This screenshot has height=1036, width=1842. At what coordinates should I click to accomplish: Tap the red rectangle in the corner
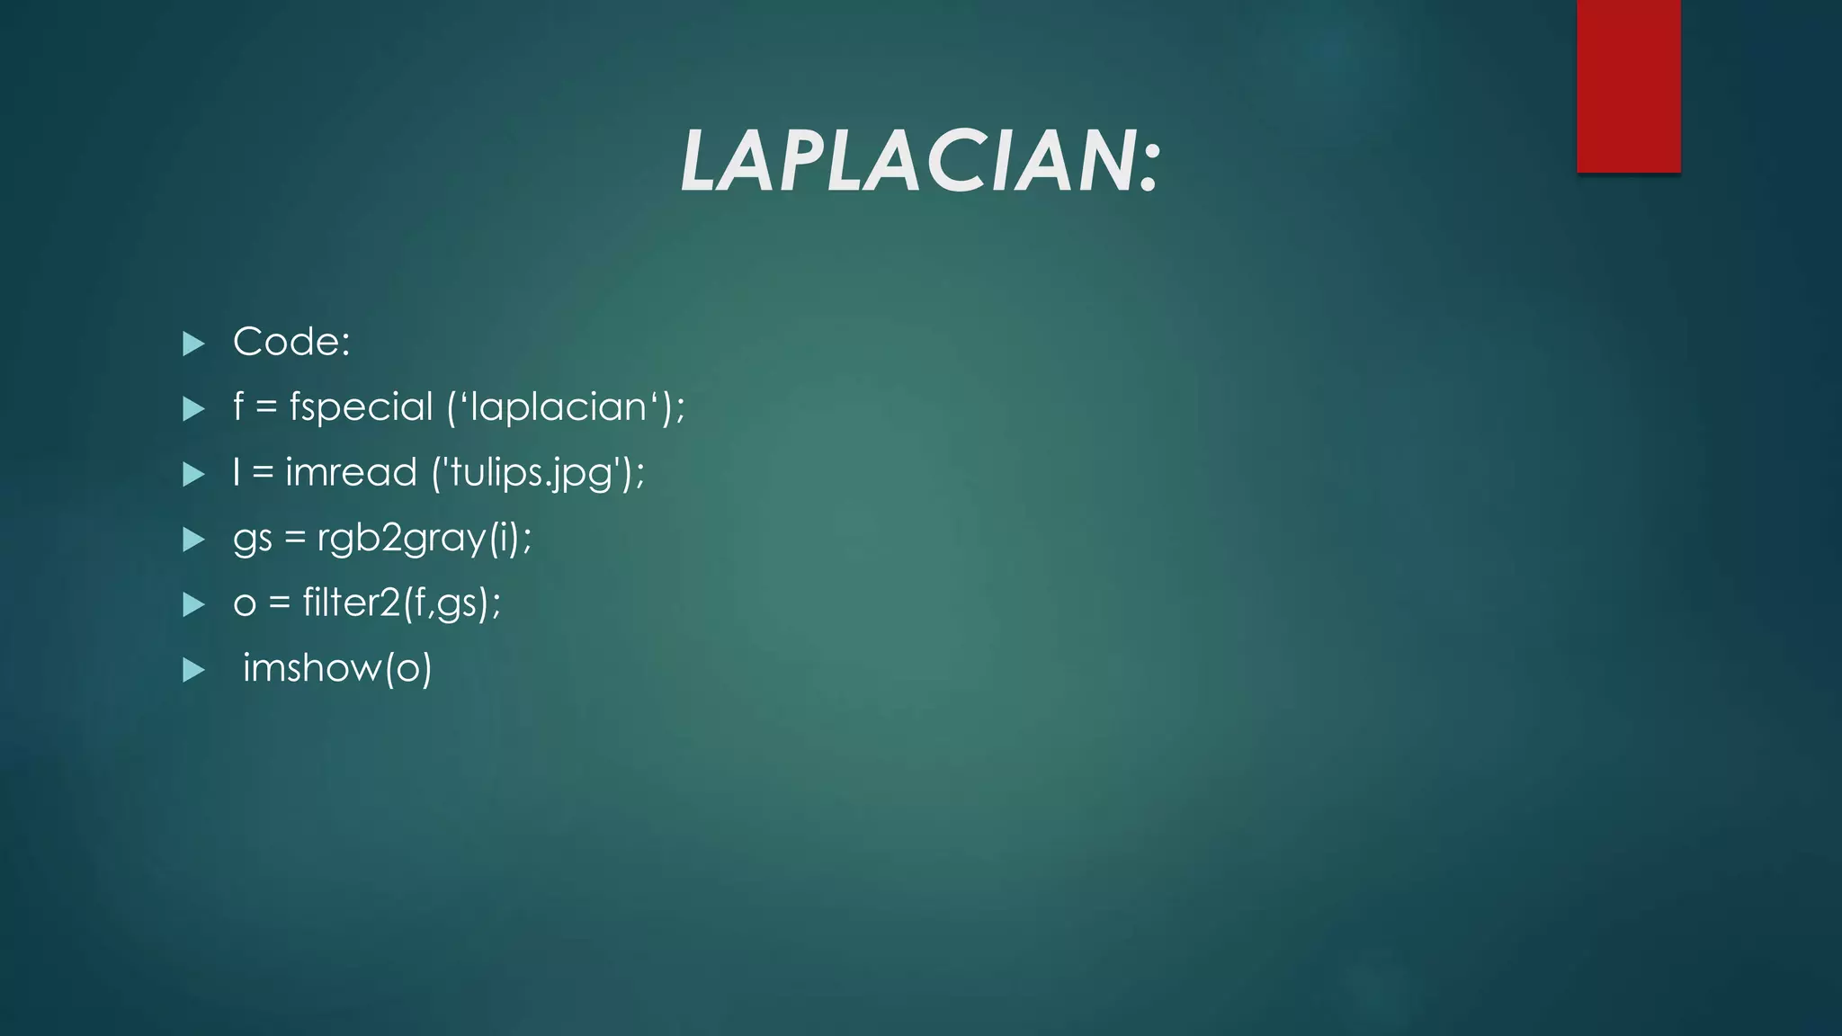[1628, 85]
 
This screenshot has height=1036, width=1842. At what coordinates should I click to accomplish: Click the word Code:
[291, 342]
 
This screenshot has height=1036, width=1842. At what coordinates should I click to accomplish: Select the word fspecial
[361, 407]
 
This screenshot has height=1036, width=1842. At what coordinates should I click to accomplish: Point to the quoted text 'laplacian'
[559, 407]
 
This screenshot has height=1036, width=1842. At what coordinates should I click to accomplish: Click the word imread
[351, 473]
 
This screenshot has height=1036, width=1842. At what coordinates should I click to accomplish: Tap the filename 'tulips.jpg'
[537, 473]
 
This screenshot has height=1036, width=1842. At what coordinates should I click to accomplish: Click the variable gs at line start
[252, 540]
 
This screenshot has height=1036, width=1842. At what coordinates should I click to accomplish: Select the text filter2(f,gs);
[401, 603]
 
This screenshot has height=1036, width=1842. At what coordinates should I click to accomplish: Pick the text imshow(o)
[337, 668]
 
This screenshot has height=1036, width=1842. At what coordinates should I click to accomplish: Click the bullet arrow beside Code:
[193, 344]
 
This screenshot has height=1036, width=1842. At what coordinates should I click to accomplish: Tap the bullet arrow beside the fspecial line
[193, 409]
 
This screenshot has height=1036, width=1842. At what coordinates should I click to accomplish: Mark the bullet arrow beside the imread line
[193, 475]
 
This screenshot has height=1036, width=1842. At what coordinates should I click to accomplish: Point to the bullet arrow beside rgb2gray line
[193, 540]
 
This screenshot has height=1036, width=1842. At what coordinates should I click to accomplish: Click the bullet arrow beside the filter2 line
[193, 604]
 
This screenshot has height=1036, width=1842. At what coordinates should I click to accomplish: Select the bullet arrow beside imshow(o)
[193, 670]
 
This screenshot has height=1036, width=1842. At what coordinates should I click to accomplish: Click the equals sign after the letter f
[265, 408]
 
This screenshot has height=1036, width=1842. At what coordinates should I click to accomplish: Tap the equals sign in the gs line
[294, 539]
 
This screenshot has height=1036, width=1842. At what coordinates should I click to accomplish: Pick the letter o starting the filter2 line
[244, 604]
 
